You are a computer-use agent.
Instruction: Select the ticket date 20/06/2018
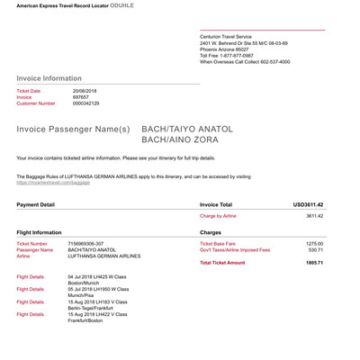pos(85,91)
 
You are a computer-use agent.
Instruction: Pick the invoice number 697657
pos(81,97)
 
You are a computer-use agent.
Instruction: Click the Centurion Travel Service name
pos(233,36)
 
